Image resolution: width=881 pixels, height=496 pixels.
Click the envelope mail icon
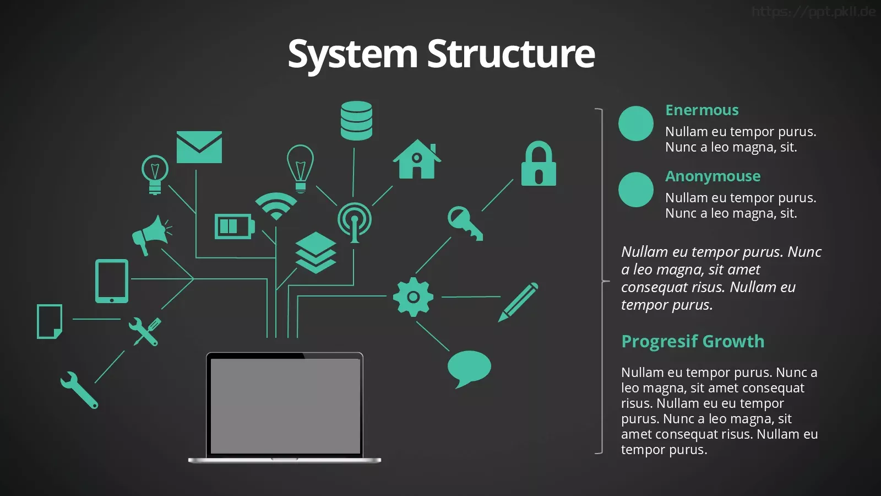tap(199, 147)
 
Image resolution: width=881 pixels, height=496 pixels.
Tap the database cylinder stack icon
tap(356, 121)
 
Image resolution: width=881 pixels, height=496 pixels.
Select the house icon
tap(417, 159)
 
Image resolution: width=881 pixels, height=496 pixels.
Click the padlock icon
tap(539, 163)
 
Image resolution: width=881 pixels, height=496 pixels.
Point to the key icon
tap(464, 223)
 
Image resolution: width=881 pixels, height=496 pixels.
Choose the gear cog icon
tap(413, 297)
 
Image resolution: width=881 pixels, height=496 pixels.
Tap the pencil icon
tap(518, 302)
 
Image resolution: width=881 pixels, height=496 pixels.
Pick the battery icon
tap(235, 227)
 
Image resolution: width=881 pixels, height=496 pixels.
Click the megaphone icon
tap(151, 235)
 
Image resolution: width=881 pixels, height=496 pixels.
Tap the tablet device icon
tap(112, 281)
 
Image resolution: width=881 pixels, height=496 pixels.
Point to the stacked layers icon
tap(316, 252)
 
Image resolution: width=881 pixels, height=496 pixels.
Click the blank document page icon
tap(50, 321)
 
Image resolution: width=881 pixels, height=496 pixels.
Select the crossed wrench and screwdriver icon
tap(145, 331)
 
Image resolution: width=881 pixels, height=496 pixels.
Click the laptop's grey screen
tap(286, 406)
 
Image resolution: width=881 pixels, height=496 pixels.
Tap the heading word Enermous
tap(702, 110)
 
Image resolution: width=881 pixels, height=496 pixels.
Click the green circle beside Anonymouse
tap(635, 190)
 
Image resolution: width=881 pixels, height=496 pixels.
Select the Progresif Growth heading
tap(693, 341)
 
